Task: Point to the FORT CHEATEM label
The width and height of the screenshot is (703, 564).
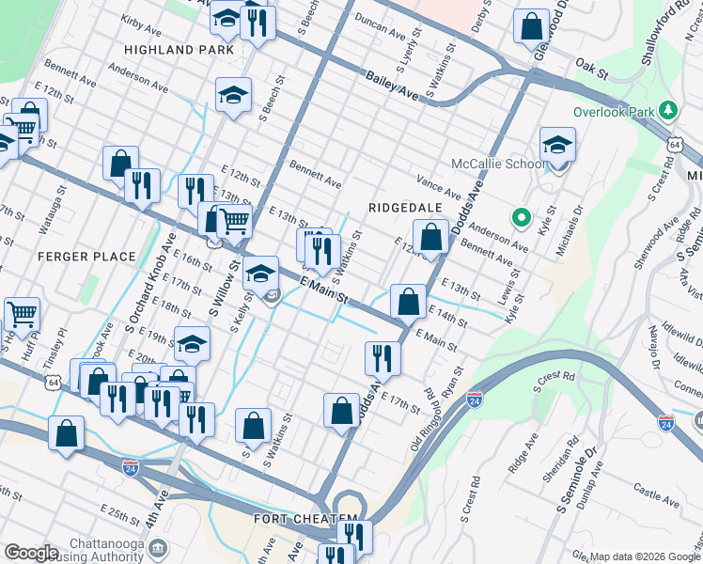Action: tap(305, 519)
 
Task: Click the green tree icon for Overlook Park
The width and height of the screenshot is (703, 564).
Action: tap(668, 111)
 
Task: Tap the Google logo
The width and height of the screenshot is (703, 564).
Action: tap(31, 553)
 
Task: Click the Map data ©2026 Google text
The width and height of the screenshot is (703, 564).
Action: tap(644, 556)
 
